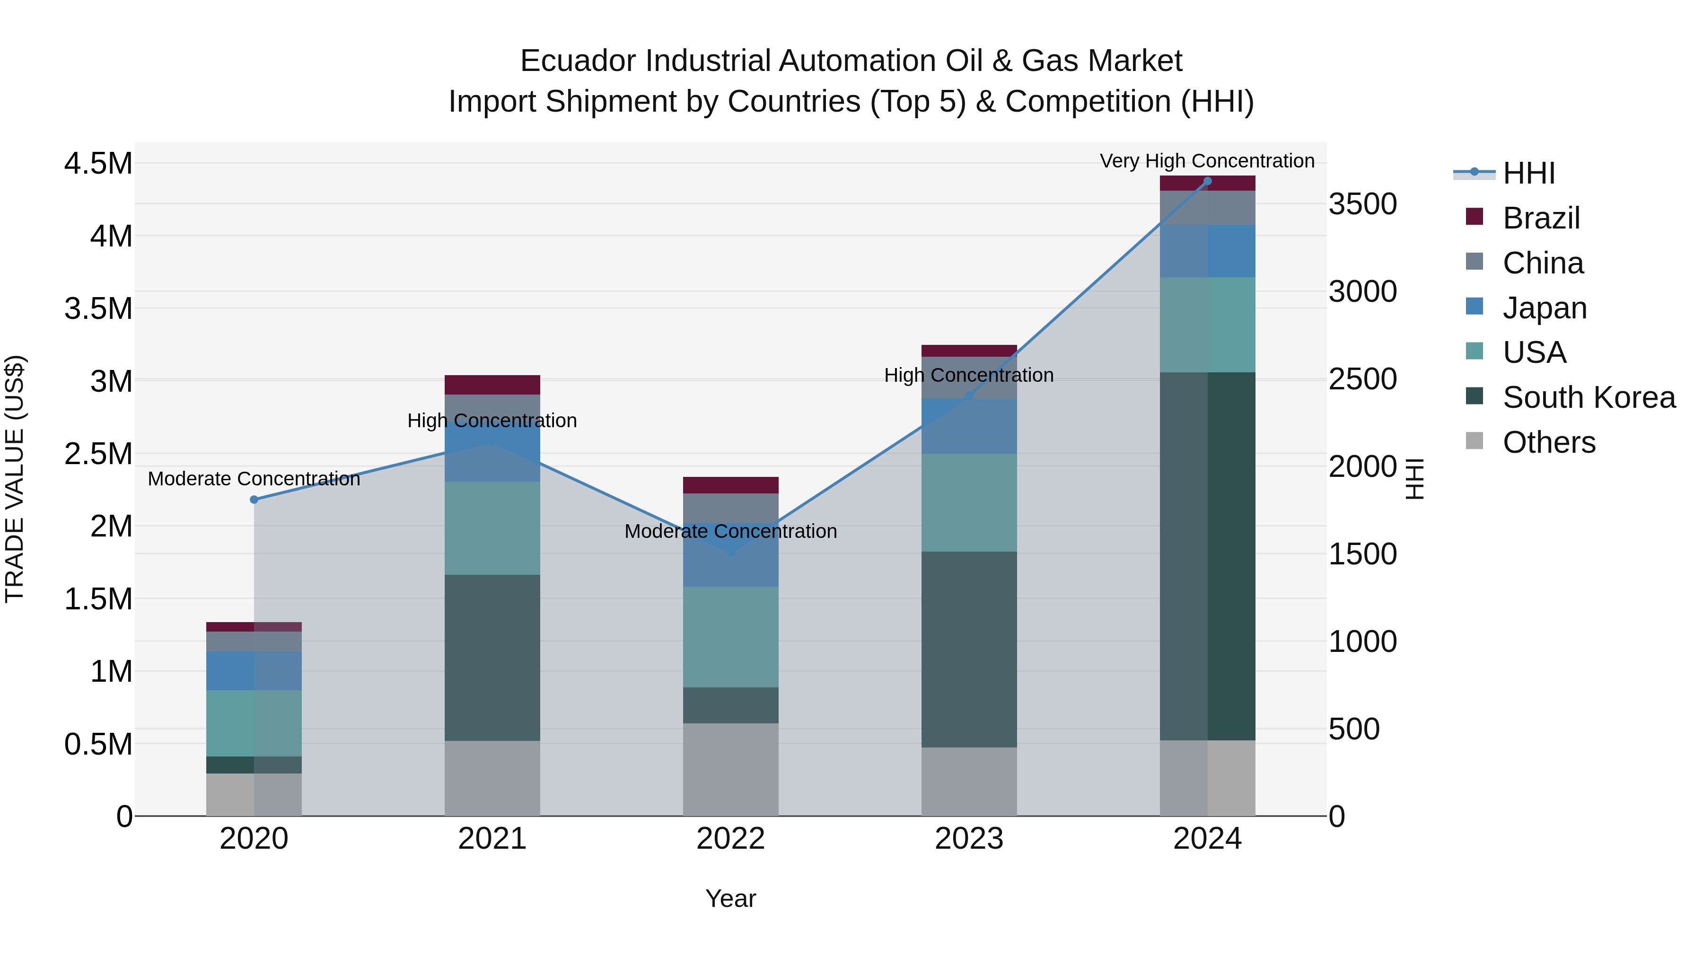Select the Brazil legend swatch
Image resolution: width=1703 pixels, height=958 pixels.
pos(1474,216)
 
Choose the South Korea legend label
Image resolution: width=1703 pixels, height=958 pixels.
pos(1589,397)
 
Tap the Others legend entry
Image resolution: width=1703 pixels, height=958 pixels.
pos(1548,442)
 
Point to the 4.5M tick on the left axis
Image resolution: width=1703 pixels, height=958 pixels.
pos(98,163)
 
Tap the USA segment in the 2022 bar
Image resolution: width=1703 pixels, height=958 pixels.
pos(730,637)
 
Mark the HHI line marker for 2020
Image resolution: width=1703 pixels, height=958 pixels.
pos(254,500)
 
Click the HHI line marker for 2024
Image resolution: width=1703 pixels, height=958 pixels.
pos(1207,181)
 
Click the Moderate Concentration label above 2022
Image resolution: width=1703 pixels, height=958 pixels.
pos(730,532)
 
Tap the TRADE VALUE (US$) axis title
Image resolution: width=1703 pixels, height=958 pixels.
pos(15,479)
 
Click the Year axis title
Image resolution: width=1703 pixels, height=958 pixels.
pos(730,898)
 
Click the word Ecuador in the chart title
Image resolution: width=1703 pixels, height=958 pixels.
pos(579,61)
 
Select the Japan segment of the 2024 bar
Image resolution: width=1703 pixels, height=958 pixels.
pos(1207,251)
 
